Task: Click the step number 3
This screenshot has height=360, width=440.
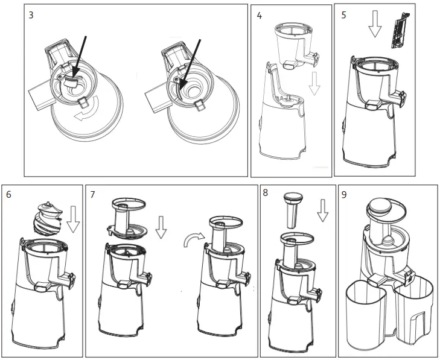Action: [x=31, y=14]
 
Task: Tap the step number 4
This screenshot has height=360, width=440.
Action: [x=259, y=15]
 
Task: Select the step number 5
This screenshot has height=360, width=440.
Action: [x=343, y=14]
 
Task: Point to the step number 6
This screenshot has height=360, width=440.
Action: [x=8, y=195]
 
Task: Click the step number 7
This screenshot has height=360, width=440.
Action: [x=92, y=195]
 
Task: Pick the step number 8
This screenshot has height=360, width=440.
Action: [x=266, y=194]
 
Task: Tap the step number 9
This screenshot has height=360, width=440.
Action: [x=344, y=195]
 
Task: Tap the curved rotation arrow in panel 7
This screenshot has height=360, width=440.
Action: [x=192, y=241]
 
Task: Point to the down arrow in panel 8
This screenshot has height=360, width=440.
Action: [x=322, y=209]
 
